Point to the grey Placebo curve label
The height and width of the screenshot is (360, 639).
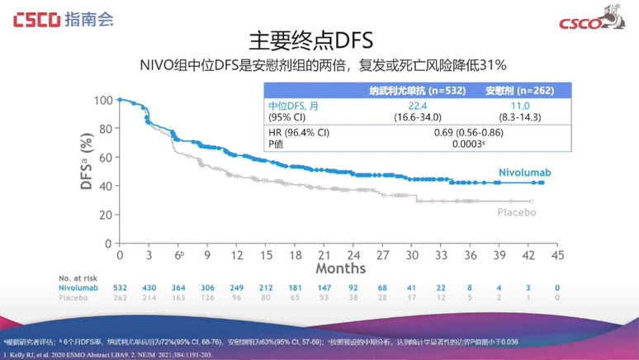tap(517, 213)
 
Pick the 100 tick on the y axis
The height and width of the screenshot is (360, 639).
tap(103, 101)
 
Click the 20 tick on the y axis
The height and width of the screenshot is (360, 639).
tap(106, 215)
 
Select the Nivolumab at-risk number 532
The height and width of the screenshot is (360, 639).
tap(120, 288)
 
